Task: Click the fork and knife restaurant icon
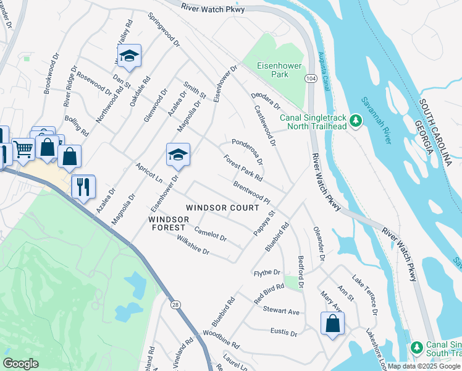83,185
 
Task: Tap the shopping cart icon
23,148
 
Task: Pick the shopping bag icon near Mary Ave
332,323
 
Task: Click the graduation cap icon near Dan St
129,56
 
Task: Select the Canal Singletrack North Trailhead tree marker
355,119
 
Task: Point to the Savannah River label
376,121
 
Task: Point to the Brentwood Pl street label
251,193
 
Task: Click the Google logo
21,364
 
